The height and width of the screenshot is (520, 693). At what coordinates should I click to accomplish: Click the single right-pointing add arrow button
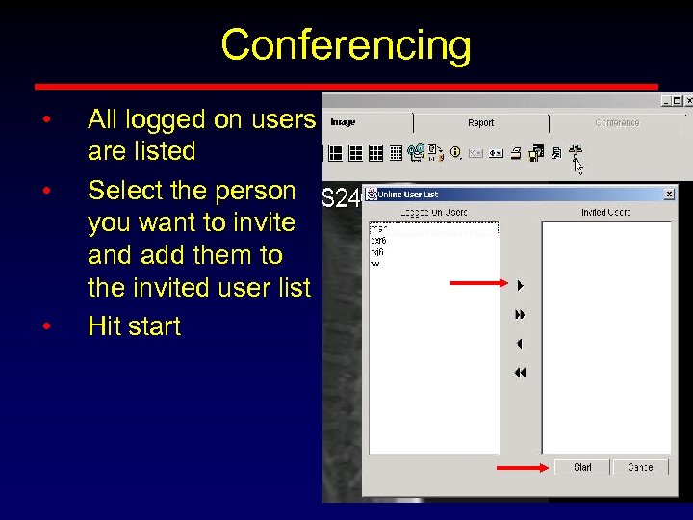click(x=520, y=285)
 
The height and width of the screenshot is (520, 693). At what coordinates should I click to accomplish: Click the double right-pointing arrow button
click(x=520, y=314)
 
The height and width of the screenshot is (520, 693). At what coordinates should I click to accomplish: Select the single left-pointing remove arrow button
click(x=520, y=343)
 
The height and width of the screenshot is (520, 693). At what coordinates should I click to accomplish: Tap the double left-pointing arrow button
click(x=520, y=373)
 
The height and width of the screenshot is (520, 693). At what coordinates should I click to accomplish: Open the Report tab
click(x=480, y=123)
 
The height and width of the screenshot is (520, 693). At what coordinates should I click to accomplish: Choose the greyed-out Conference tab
click(x=616, y=123)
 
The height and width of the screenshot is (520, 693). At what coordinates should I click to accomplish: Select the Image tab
click(x=343, y=123)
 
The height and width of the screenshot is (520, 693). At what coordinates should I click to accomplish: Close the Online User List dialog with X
click(x=670, y=195)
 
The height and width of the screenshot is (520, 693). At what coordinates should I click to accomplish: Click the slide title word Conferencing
click(x=346, y=45)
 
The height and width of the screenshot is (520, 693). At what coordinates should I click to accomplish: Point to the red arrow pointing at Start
click(x=525, y=468)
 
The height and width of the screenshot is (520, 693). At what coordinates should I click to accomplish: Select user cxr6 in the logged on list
click(x=378, y=241)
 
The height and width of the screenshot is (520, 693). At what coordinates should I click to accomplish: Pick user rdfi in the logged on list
click(x=377, y=251)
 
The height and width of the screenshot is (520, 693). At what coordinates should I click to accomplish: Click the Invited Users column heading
click(x=605, y=212)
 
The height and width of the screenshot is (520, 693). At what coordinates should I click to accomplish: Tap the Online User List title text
click(x=401, y=195)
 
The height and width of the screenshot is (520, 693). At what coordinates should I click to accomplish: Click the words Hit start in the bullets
click(x=134, y=326)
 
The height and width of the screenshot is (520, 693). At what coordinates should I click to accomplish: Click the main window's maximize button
click(x=678, y=99)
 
